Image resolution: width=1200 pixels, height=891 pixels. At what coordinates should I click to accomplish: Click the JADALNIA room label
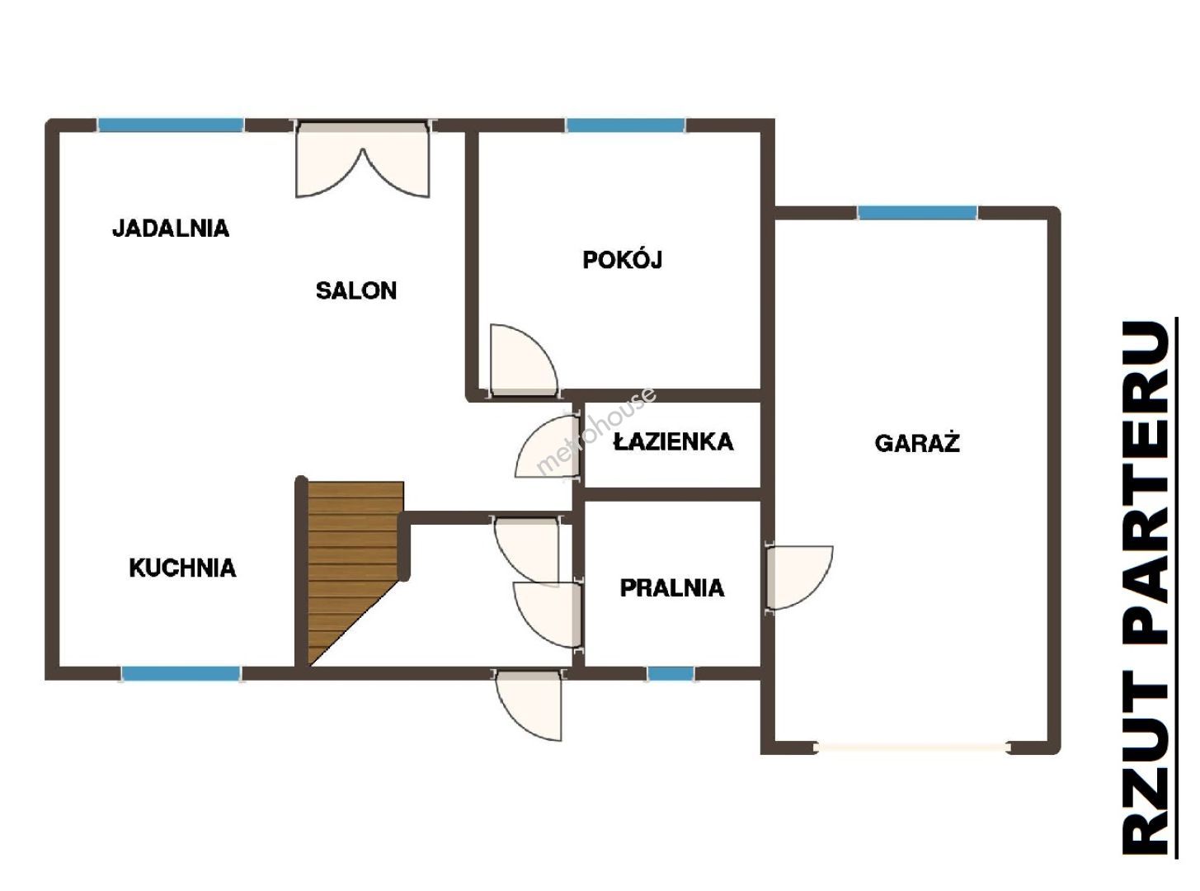pos(171,228)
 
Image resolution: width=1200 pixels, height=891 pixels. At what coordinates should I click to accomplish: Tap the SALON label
pos(356,290)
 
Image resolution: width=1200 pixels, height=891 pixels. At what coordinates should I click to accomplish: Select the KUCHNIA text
pos(182,568)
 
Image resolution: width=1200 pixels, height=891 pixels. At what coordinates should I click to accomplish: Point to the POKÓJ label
pos(622,259)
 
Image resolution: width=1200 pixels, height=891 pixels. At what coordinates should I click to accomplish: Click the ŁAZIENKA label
pos(673,441)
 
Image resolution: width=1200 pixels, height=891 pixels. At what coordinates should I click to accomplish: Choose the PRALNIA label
pos(672,588)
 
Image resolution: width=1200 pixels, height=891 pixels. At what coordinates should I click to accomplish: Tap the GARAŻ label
pos(917,442)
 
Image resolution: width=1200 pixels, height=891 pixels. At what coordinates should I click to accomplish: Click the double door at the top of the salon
pos(363,160)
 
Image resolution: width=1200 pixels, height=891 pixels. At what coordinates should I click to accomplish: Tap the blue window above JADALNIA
pos(171,125)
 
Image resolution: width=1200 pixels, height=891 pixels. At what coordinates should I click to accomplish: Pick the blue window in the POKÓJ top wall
pos(625,125)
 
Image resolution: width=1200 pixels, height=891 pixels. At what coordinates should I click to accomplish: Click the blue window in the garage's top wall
pos(917,213)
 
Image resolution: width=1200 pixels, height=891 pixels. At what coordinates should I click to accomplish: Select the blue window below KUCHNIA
pos(181,673)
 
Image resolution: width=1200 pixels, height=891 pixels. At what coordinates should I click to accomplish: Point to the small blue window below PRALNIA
pos(671,673)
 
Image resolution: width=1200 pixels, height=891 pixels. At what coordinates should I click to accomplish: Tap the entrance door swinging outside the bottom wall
pos(529,705)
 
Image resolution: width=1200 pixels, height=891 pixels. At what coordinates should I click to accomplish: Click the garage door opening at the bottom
pos(912,747)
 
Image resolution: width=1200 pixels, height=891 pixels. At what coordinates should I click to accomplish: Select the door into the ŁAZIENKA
pos(547,446)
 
